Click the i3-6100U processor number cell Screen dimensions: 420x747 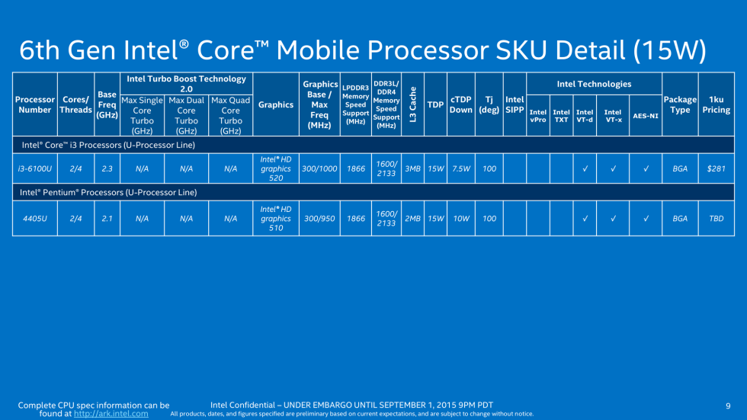[34, 168]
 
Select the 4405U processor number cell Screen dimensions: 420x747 [34, 219]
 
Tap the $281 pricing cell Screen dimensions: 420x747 [716, 168]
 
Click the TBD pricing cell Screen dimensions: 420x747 [716, 219]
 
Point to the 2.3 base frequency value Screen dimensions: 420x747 [107, 168]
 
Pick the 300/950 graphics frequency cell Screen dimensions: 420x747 [320, 219]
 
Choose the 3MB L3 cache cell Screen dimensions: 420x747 [412, 168]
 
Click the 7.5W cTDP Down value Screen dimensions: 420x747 [460, 168]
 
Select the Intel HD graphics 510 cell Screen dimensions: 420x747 [276, 219]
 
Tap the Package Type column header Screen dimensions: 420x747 [680, 104]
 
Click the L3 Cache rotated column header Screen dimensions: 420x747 [412, 104]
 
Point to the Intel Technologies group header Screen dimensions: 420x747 [594, 84]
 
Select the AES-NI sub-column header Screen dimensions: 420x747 [646, 116]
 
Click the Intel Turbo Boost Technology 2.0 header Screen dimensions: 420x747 [186, 84]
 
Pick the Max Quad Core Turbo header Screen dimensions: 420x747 [230, 116]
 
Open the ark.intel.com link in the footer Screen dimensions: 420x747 [111, 414]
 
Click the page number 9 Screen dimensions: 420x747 [728, 405]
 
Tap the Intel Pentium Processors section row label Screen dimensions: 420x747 [108, 193]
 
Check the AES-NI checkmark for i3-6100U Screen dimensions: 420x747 [646, 168]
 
